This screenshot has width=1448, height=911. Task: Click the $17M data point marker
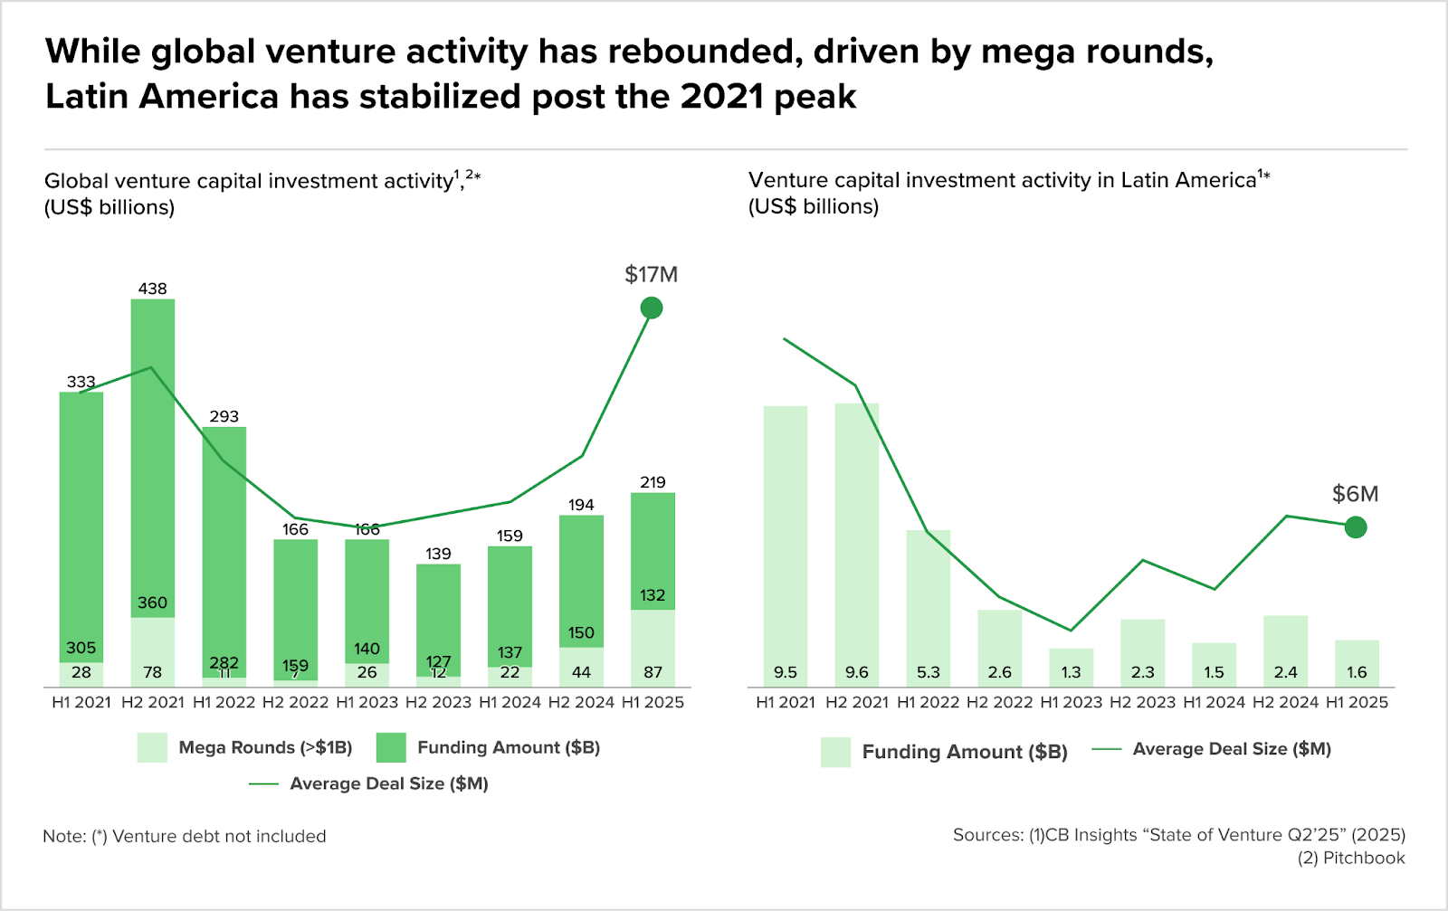[651, 308]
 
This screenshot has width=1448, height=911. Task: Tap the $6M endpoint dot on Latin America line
[1355, 527]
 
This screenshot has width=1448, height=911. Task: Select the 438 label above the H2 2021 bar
[152, 289]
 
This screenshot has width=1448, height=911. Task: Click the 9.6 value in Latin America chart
[856, 672]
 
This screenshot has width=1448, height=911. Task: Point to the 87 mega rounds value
[653, 672]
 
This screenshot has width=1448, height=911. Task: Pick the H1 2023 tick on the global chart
[367, 702]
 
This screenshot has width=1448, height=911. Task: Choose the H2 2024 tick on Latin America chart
[1285, 702]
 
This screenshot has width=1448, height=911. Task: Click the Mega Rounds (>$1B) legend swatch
[152, 748]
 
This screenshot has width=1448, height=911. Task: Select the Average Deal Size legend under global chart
[388, 783]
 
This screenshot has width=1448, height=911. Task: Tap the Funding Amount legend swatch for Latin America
[835, 752]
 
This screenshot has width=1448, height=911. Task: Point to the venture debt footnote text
[185, 836]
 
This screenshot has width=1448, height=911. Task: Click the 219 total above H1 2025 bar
[653, 482]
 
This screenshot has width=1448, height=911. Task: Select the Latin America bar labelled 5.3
[929, 606]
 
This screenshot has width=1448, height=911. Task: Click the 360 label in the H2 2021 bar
[152, 603]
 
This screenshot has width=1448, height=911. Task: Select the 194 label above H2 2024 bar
[581, 505]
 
